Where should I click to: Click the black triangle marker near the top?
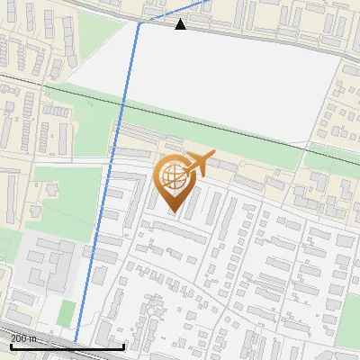tap(181, 24)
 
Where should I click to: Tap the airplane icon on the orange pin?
tap(199, 162)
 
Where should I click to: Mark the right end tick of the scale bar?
tap(122, 346)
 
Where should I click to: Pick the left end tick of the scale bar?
tap(10, 346)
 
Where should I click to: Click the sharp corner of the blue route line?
tap(139, 25)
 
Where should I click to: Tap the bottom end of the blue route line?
tap(76, 343)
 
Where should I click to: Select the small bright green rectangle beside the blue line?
tap(66, 313)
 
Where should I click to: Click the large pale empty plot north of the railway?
tap(225, 81)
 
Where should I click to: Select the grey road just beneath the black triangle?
tap(234, 32)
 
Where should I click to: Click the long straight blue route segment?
tap(108, 180)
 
